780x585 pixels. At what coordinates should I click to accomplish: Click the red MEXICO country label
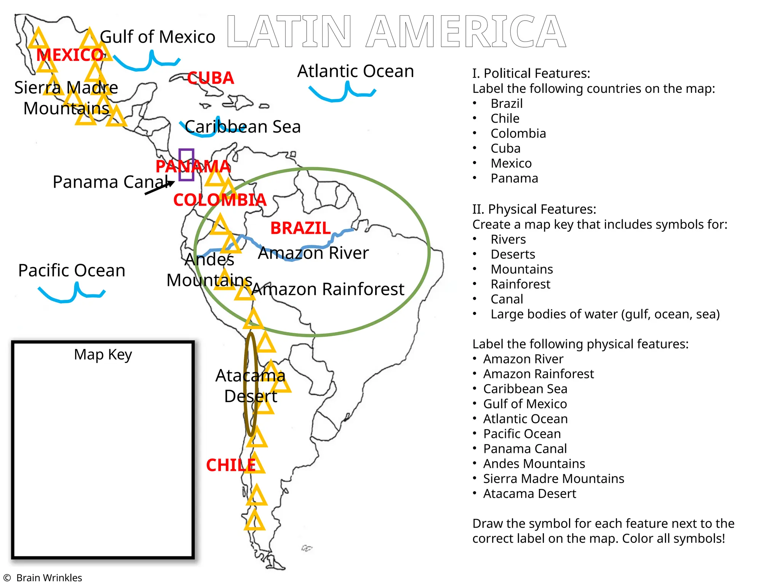[70, 55]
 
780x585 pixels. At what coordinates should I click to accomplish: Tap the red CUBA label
[210, 78]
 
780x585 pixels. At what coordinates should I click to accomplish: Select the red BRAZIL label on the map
[300, 228]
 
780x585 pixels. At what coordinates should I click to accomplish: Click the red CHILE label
[231, 465]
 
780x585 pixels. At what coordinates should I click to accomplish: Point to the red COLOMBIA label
[220, 200]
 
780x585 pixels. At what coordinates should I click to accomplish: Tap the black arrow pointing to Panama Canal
[159, 188]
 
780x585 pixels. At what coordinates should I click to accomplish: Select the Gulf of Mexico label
[157, 37]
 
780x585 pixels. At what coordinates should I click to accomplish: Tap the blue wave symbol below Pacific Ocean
[71, 293]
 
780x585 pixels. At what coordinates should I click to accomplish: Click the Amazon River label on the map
[313, 253]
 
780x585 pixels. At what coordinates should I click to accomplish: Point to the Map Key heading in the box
[103, 355]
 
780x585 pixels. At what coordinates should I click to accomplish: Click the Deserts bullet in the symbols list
[513, 254]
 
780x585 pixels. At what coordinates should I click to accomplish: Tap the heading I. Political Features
[531, 73]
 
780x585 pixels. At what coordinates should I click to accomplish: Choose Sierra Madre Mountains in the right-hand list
[553, 478]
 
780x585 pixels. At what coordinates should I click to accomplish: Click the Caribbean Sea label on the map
[243, 127]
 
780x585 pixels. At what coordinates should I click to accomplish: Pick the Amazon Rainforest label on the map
[328, 289]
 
